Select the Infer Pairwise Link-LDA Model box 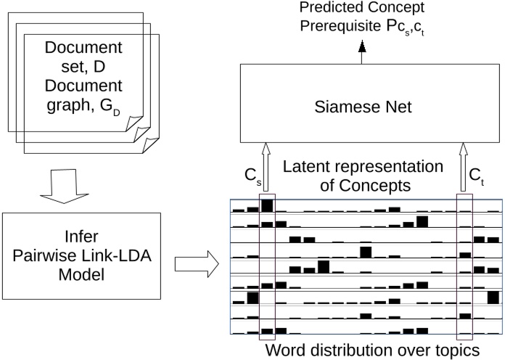[91, 255]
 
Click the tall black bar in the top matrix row [267, 205]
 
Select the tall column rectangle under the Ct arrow [464, 265]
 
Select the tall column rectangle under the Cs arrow [267, 265]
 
